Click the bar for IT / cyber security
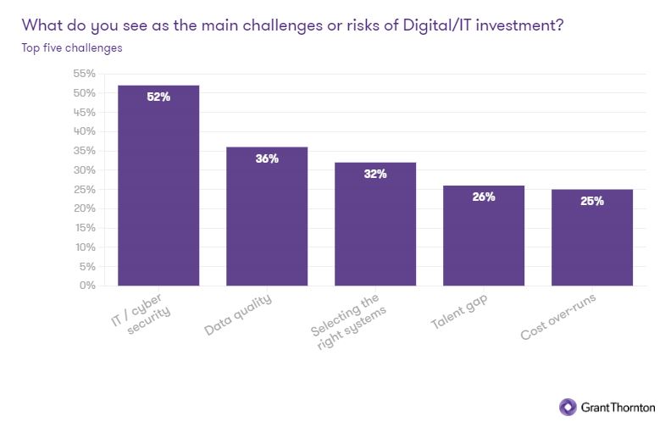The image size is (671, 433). (158, 186)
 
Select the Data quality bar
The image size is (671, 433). (267, 217)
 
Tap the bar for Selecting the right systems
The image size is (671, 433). (375, 225)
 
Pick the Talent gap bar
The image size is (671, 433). (484, 236)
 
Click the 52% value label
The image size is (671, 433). (158, 97)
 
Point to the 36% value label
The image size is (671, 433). (267, 158)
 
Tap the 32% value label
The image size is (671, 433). (375, 174)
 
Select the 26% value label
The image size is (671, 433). (484, 197)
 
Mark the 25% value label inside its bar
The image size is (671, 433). (592, 201)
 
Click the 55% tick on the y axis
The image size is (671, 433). (83, 74)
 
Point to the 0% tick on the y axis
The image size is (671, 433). (86, 286)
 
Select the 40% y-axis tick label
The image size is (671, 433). (83, 131)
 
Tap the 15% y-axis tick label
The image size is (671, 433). (84, 228)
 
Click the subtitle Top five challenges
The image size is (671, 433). (72, 47)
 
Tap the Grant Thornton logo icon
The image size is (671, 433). (567, 407)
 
